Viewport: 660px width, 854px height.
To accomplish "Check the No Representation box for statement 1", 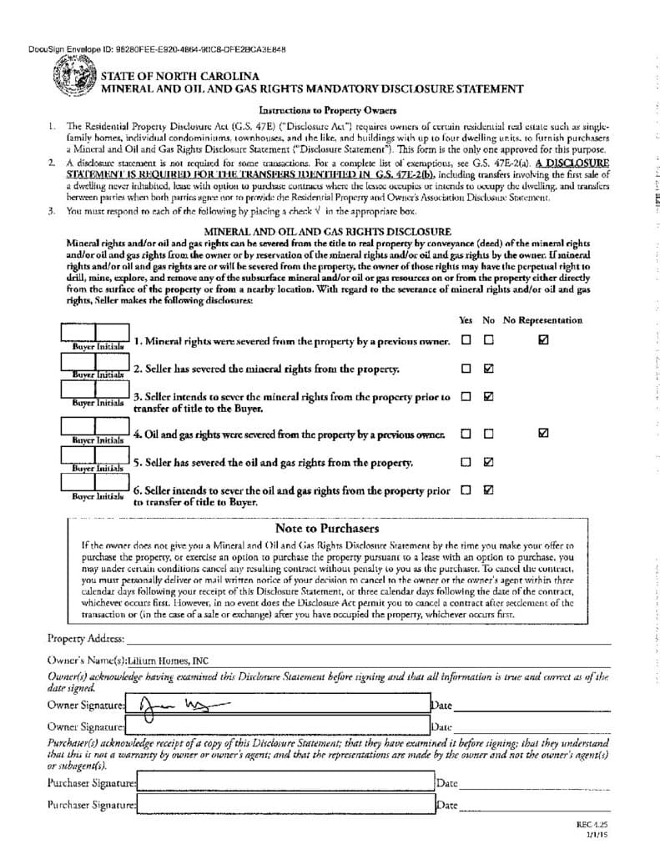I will [543, 340].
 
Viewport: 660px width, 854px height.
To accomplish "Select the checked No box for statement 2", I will [489, 368].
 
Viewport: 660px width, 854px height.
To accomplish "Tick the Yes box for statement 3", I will [466, 396].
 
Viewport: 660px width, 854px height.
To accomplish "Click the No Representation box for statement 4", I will [543, 433].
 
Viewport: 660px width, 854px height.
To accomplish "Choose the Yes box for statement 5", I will [466, 461].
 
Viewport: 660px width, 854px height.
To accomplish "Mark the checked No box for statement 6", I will [489, 490].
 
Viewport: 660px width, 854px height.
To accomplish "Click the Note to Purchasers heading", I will [326, 529].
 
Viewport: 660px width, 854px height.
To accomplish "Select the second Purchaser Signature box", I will [285, 805].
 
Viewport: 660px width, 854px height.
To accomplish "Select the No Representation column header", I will [542, 320].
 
